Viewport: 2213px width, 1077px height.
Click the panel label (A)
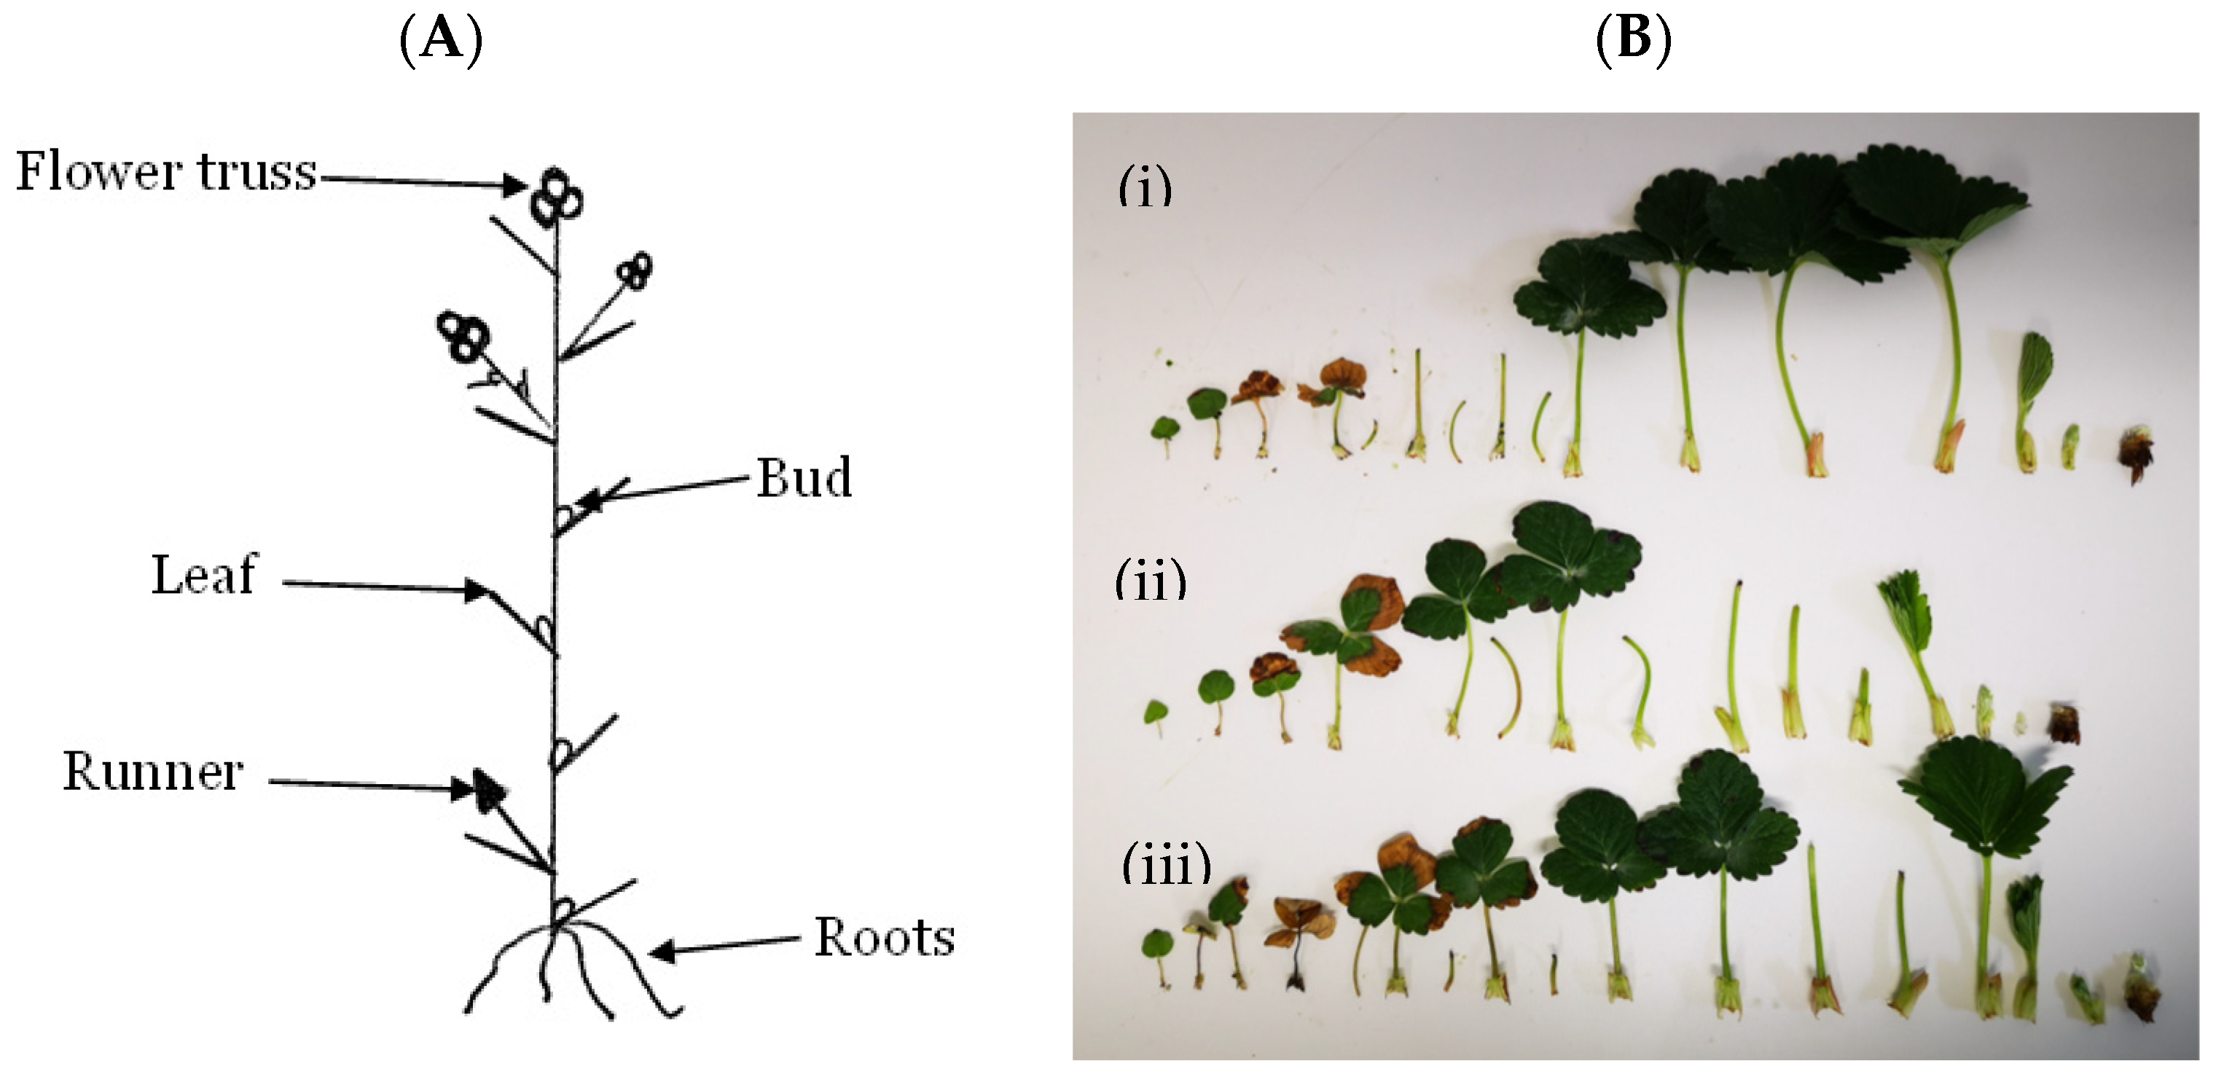tap(441, 39)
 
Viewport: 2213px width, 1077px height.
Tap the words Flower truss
tap(167, 171)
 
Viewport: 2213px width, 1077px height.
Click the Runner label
tap(153, 770)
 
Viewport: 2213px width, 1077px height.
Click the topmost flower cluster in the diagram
tap(556, 197)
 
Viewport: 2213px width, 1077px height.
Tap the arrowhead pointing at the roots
tap(662, 951)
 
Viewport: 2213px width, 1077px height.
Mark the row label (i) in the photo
tap(1145, 187)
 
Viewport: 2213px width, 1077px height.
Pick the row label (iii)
tap(1167, 864)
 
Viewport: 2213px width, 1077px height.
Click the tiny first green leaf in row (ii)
tap(1156, 712)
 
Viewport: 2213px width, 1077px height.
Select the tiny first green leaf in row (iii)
tap(1156, 944)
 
